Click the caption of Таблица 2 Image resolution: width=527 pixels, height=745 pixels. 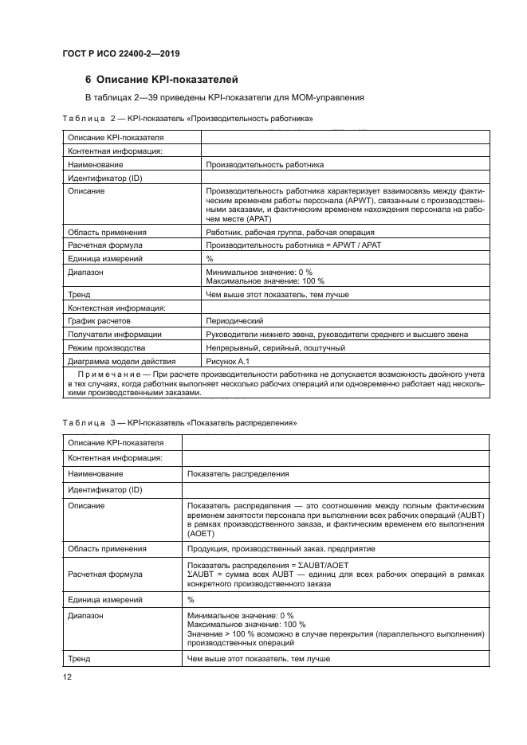[x=187, y=119]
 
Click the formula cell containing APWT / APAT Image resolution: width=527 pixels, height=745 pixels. [x=293, y=245]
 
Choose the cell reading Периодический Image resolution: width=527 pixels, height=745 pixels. [x=234, y=320]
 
